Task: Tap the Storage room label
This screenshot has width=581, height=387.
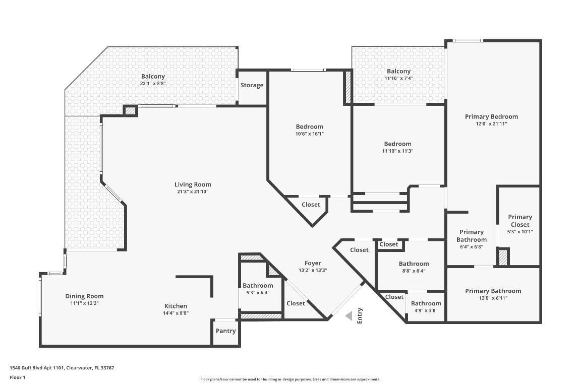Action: (252, 85)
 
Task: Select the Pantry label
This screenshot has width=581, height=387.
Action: (225, 331)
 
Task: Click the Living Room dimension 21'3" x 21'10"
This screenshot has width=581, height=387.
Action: (193, 191)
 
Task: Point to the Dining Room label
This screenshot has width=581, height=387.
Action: (84, 296)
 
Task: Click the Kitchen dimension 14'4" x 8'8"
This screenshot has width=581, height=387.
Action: (176, 313)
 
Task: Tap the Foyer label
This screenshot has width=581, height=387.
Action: (313, 263)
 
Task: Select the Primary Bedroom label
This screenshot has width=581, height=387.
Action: (491, 116)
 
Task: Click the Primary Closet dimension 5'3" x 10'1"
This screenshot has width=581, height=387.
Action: (520, 232)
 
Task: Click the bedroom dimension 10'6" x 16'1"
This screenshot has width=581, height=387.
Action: (309, 134)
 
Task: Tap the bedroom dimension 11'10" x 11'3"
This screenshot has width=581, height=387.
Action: (397, 151)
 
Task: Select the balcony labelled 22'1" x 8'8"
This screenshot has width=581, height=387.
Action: (153, 83)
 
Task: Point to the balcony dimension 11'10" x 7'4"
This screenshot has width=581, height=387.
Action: (398, 78)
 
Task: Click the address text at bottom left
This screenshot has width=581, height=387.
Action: (62, 368)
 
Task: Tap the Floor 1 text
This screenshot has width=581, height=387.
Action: (17, 377)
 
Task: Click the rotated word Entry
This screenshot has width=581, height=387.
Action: (360, 315)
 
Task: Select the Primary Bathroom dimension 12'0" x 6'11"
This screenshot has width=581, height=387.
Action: (493, 298)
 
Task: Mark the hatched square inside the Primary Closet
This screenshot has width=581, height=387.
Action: (502, 257)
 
